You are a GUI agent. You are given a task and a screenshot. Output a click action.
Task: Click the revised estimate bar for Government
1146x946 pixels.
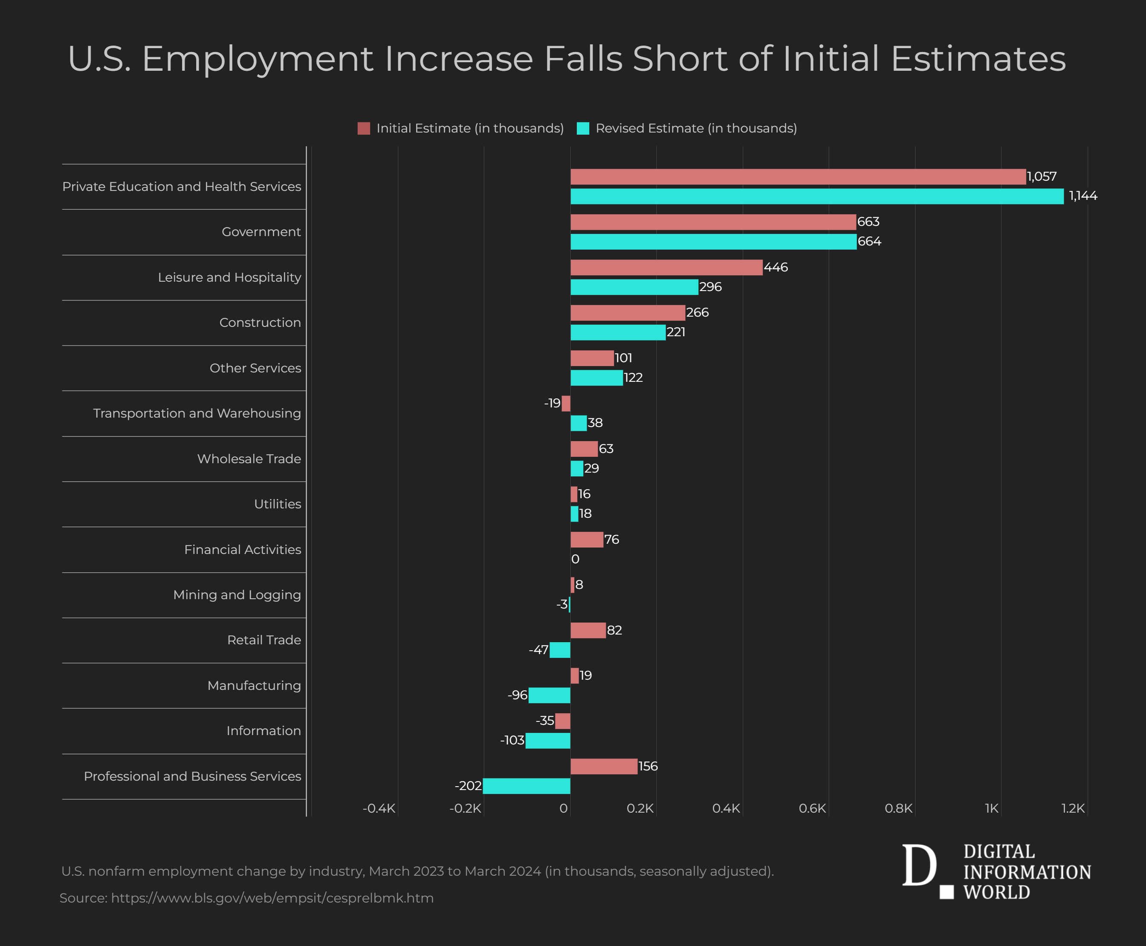pyautogui.click(x=713, y=242)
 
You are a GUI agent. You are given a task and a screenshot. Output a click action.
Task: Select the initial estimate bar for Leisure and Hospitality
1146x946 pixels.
pyautogui.click(x=666, y=268)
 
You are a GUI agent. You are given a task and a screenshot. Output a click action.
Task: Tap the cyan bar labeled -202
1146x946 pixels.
pyautogui.click(x=527, y=786)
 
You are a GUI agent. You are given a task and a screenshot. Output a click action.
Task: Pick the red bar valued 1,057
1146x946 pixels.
pyautogui.click(x=798, y=176)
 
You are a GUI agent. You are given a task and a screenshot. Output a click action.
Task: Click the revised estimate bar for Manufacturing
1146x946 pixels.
pyautogui.click(x=549, y=695)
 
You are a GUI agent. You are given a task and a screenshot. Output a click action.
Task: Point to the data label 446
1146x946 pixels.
pyautogui.click(x=776, y=268)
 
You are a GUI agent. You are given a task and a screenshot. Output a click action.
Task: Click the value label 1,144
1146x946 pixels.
pyautogui.click(x=1083, y=196)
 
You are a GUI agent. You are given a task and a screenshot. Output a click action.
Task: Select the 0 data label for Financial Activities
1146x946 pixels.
pyautogui.click(x=575, y=559)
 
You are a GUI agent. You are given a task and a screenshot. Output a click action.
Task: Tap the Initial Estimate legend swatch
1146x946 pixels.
pyautogui.click(x=364, y=128)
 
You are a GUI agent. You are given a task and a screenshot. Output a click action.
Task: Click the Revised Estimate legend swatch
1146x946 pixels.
pyautogui.click(x=583, y=128)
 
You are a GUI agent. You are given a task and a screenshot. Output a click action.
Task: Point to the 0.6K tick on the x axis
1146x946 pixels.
pyautogui.click(x=812, y=808)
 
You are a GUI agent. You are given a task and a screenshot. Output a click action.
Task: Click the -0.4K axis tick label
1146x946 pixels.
pyautogui.click(x=379, y=808)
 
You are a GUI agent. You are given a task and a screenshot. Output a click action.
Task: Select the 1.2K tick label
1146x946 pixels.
pyautogui.click(x=1073, y=808)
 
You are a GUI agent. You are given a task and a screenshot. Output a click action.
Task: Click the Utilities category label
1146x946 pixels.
pyautogui.click(x=278, y=504)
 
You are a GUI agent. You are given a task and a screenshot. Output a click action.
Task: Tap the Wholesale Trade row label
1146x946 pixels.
pyautogui.click(x=249, y=459)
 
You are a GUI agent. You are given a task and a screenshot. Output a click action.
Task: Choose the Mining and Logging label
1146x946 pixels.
pyautogui.click(x=237, y=594)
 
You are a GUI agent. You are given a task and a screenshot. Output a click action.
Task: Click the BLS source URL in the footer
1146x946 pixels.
pyautogui.click(x=272, y=898)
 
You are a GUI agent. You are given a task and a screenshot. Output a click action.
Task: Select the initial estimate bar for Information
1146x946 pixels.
pyautogui.click(x=563, y=721)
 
